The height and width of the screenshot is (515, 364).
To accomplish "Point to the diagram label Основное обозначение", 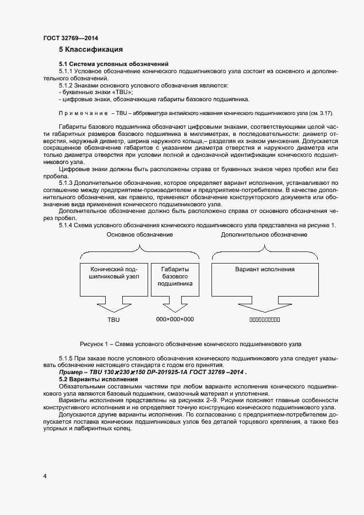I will (x=139, y=234).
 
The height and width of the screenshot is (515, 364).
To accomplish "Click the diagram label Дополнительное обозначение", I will (x=264, y=234).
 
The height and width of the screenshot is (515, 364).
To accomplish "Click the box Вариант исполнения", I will (x=264, y=270).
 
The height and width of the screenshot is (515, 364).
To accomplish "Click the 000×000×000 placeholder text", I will (x=175, y=319).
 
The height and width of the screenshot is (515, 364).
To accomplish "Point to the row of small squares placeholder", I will (x=264, y=320).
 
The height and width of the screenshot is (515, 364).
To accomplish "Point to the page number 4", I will (x=45, y=475).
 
